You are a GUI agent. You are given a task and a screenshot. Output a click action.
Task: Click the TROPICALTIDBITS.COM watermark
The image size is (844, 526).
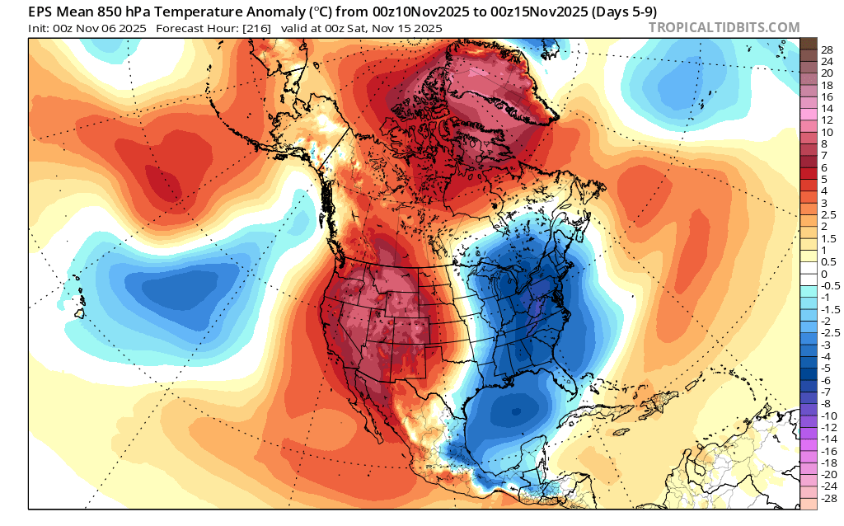click(x=724, y=27)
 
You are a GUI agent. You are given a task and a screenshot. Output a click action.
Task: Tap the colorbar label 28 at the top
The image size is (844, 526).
click(x=828, y=49)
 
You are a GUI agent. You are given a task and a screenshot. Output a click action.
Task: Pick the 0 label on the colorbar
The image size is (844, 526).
click(x=823, y=274)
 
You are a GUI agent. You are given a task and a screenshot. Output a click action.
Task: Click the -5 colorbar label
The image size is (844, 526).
click(x=826, y=369)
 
